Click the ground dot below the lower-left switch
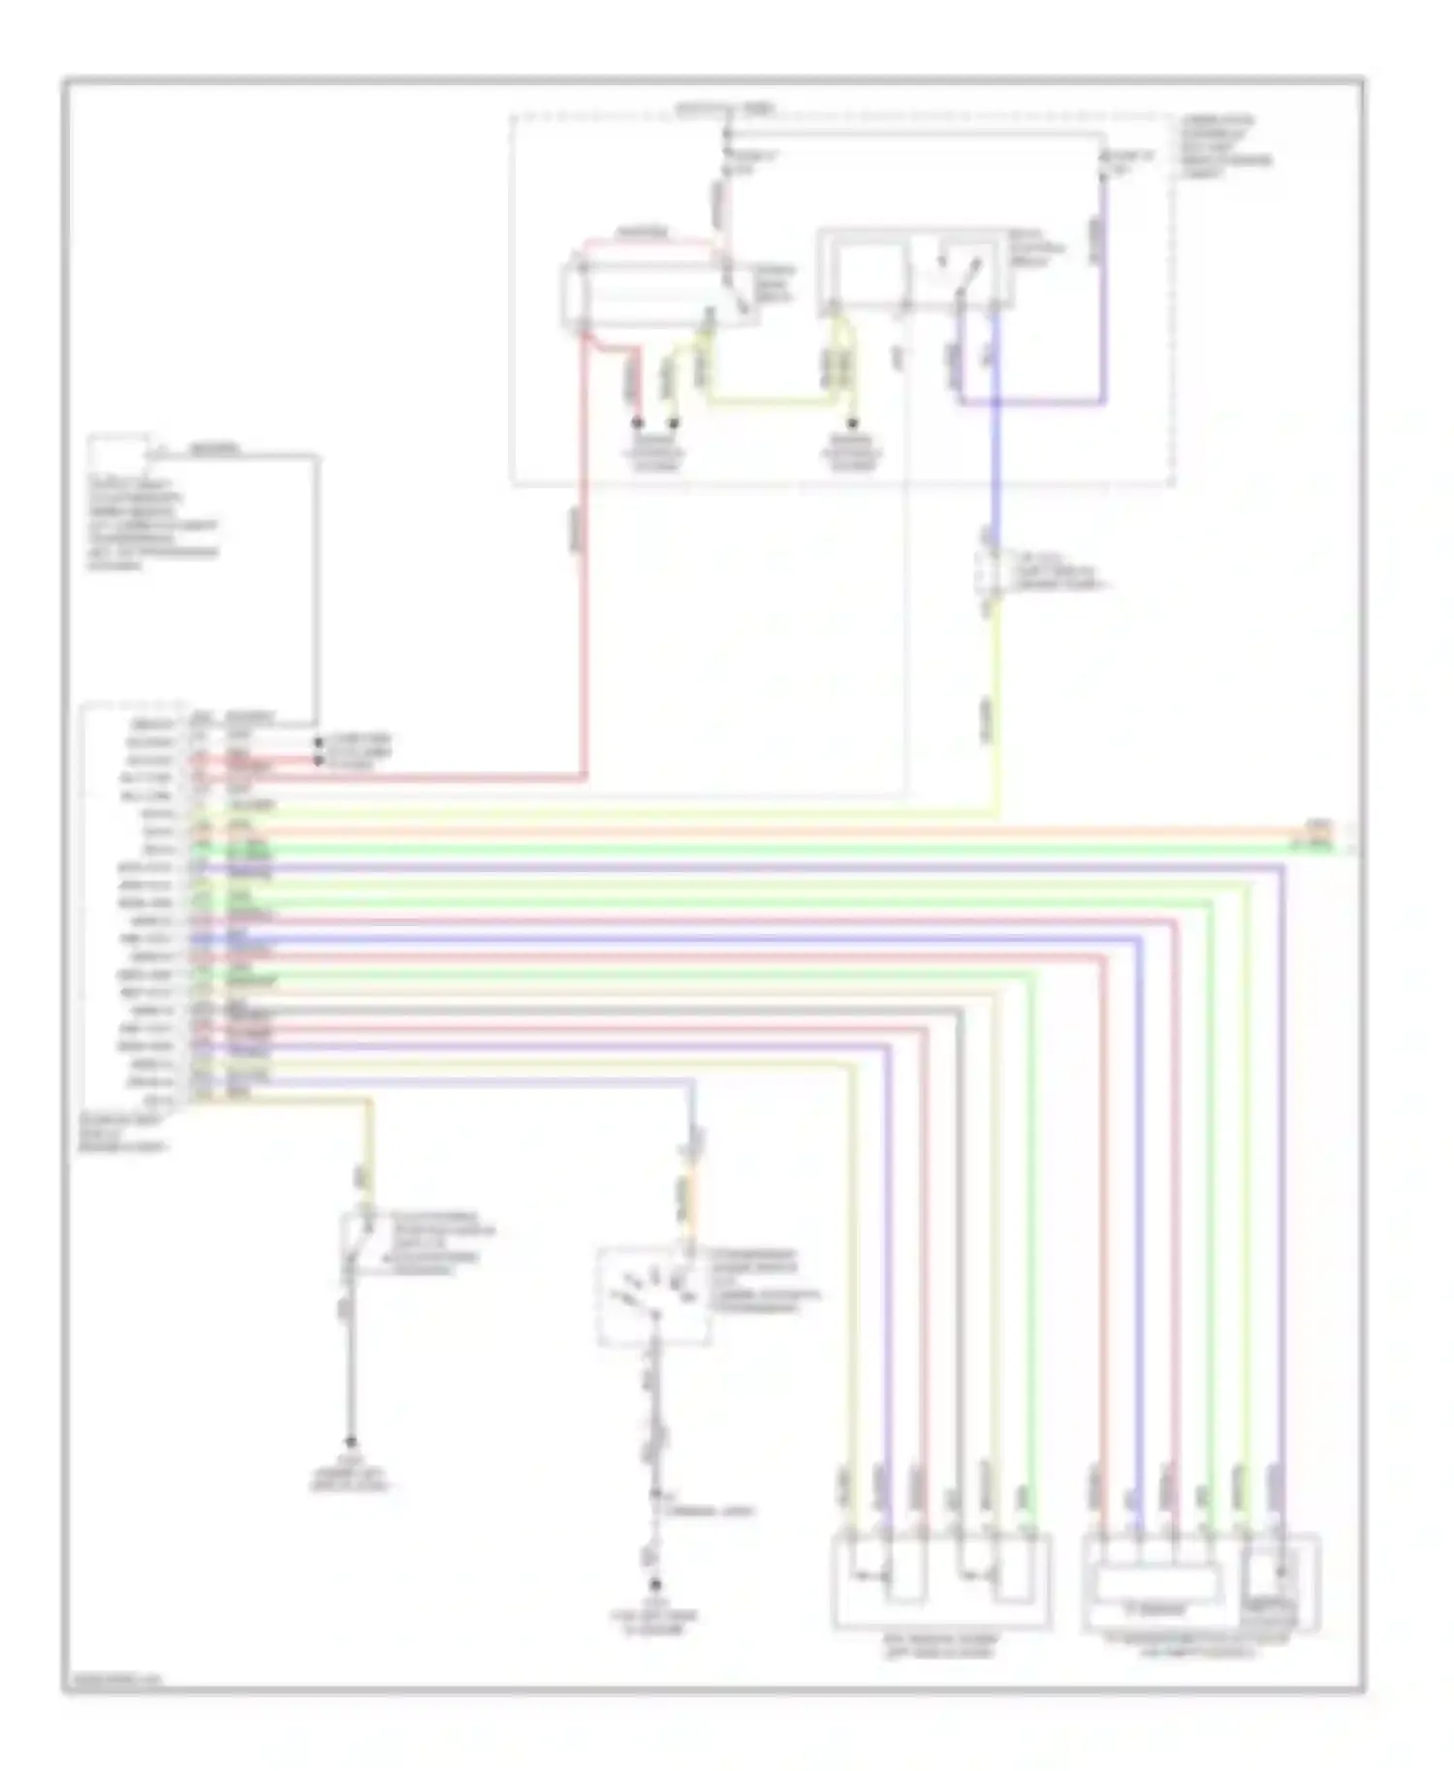point(351,1442)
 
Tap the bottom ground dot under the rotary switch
point(655,1586)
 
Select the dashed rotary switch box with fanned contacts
point(654,1296)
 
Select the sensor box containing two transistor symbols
point(940,1581)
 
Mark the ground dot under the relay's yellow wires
point(853,424)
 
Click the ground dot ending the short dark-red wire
point(638,423)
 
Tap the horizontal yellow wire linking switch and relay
point(766,399)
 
